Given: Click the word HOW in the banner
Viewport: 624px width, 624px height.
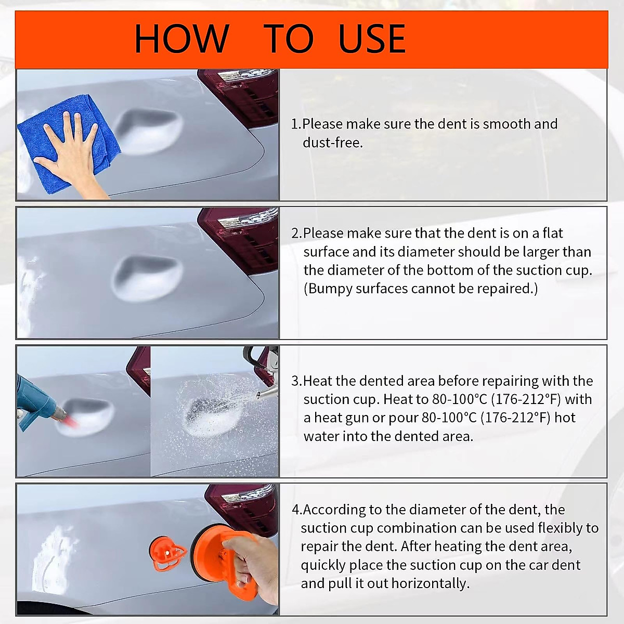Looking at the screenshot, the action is click(182, 39).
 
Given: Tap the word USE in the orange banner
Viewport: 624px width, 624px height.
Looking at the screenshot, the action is click(372, 39).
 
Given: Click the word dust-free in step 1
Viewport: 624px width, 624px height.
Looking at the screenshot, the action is click(333, 142).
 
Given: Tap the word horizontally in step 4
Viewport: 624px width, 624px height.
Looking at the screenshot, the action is click(431, 583).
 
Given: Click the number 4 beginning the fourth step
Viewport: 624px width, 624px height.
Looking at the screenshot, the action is click(296, 510).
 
